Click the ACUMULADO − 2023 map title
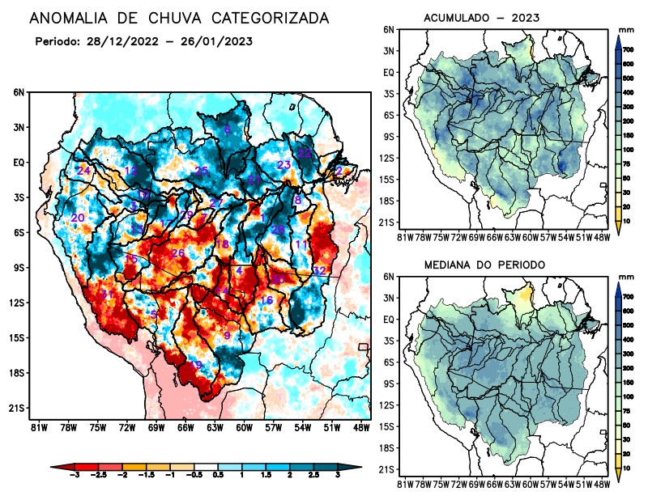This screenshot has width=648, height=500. (x=482, y=18)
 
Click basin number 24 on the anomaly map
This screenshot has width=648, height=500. (x=83, y=171)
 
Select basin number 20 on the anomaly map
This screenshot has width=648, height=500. (x=78, y=218)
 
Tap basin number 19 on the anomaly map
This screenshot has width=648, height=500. (x=194, y=366)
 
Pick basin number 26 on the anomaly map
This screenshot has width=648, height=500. (x=178, y=253)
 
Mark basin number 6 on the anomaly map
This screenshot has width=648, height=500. (x=228, y=129)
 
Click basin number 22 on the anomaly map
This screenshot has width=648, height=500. (x=305, y=152)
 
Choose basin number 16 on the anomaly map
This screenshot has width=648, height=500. (x=266, y=301)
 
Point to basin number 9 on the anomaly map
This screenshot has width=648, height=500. (x=228, y=336)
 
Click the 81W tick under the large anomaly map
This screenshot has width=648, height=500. (x=36, y=427)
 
